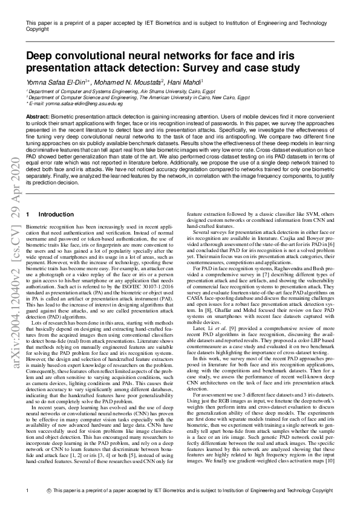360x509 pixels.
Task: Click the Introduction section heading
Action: pyautogui.click(x=56, y=215)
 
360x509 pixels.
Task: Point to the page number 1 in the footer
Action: pyautogui.click(x=28, y=490)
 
